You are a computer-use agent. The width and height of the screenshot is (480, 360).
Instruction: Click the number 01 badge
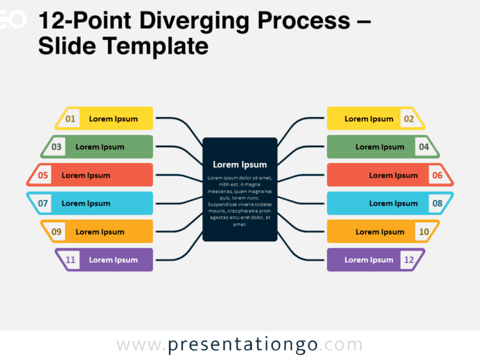pos(71,119)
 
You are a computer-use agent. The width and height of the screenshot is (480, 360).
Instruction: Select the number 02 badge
pos(409,119)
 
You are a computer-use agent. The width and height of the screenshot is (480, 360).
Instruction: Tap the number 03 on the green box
pos(57,147)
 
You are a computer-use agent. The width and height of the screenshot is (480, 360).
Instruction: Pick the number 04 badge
pos(424,147)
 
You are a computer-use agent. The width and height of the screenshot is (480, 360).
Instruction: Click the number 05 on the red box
pos(43,176)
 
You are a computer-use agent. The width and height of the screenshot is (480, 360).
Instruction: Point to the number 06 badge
pos(437,176)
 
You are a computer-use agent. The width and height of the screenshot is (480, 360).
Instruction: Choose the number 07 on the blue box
pos(43,203)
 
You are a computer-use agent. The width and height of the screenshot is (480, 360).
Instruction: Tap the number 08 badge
pos(437,203)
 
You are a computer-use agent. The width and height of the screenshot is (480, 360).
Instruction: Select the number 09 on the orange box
pos(57,232)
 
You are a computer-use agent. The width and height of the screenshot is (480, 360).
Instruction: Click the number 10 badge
pos(424,232)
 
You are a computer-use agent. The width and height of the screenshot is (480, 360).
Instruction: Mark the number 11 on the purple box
pos(71,260)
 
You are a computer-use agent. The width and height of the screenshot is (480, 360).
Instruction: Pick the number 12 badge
pos(409,260)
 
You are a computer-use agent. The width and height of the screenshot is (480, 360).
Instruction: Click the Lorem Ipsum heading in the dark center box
pos(240,164)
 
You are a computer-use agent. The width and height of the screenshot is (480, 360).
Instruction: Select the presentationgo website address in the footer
pos(240,345)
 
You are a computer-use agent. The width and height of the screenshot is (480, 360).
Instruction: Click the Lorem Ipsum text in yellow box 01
pos(113,119)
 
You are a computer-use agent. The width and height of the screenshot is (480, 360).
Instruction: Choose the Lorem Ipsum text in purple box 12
pos(369,260)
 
